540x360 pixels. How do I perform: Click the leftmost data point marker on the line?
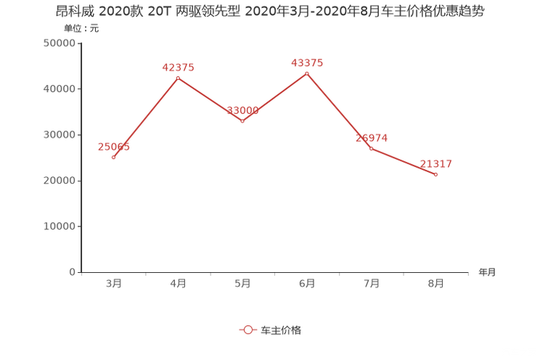114,157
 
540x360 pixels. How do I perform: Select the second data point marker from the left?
178,76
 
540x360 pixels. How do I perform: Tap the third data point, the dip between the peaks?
242,121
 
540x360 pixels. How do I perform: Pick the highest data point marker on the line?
307,72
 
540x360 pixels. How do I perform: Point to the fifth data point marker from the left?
371,149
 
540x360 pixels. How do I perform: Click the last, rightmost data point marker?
435,174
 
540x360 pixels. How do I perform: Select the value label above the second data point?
178,67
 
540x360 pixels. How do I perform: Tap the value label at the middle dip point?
242,112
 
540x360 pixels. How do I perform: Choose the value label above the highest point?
307,63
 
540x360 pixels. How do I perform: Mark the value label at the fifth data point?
372,137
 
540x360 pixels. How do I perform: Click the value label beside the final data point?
435,164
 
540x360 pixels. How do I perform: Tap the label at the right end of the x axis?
487,273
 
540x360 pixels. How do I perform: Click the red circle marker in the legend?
247,330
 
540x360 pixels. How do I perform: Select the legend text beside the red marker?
280,330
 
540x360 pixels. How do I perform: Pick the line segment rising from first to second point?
146,116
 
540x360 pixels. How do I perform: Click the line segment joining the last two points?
404,162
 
